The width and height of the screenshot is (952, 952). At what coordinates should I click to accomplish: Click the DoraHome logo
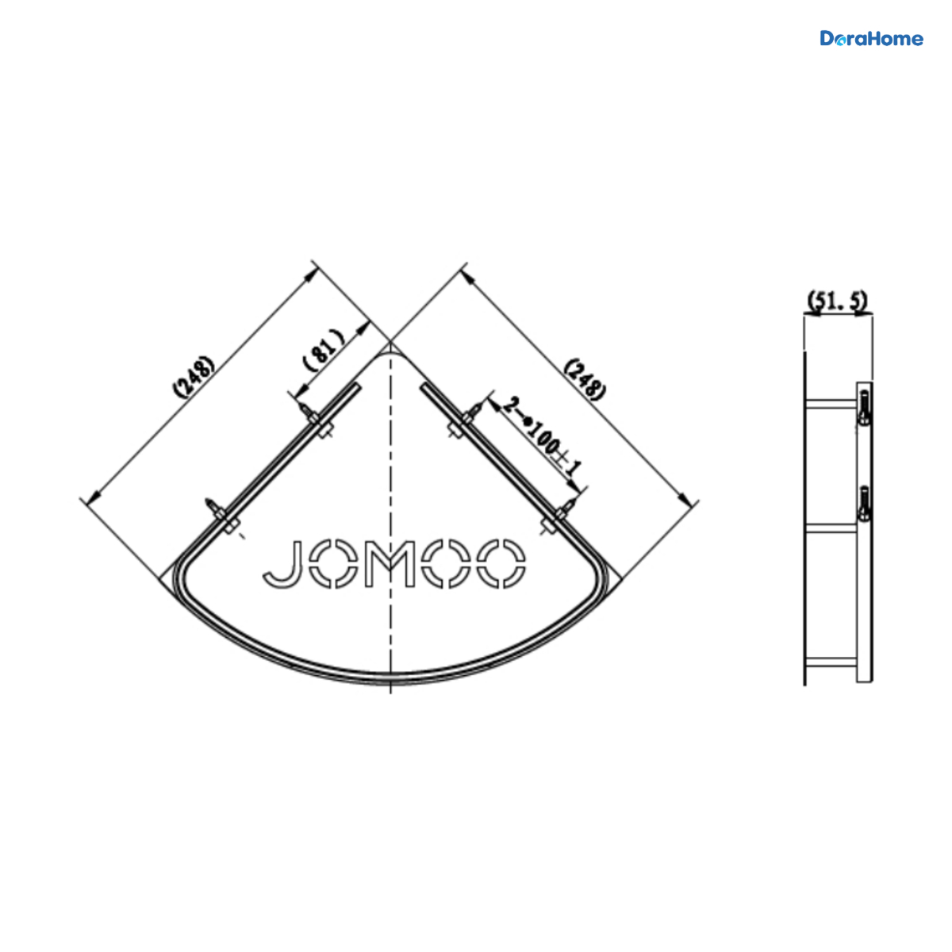pos(871,39)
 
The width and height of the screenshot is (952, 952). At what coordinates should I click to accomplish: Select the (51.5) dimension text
pos(838,301)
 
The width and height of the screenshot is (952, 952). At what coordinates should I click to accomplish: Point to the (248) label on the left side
pos(194,376)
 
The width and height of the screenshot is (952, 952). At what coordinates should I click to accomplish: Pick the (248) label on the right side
pos(585,380)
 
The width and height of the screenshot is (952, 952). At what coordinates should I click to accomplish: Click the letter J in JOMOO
pos(282,564)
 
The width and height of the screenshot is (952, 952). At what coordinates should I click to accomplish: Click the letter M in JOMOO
pos(390,564)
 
